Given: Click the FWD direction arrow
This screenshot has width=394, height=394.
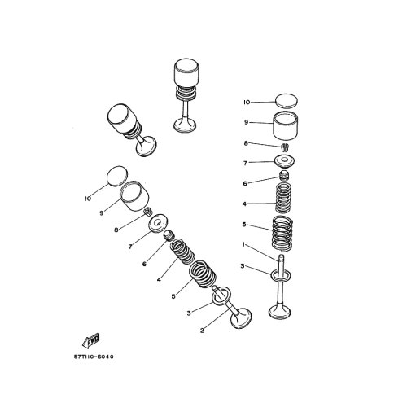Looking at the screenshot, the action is coord(91,340).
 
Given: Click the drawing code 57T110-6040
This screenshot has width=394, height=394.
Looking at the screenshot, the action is coord(94,357).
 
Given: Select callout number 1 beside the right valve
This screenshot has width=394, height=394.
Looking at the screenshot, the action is coord(243,245).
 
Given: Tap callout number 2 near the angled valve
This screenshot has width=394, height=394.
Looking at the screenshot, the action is coord(202,331).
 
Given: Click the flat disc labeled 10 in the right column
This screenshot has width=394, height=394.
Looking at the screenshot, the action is coord(287,101).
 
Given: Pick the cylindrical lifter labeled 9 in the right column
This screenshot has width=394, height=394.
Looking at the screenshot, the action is coord(285,126).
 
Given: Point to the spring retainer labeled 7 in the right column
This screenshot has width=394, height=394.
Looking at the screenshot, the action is coord(284,161).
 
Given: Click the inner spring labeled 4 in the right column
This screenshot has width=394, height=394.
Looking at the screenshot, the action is coord(283,198).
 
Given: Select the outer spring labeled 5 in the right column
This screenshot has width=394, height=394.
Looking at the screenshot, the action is coord(282,233).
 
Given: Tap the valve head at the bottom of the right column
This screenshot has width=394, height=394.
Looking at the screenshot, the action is coord(279,312).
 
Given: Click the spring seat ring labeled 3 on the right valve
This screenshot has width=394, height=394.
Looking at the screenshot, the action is coord(281,275).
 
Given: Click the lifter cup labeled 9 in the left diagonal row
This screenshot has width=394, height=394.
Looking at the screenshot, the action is coord(134,196).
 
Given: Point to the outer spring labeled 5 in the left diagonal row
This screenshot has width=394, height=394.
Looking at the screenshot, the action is coord(203,274).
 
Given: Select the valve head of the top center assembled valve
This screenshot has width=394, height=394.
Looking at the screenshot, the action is coord(185,125).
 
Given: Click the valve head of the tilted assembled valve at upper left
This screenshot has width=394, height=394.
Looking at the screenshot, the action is coord(146,146).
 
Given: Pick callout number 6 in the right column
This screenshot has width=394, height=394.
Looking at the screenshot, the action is coord(245,184).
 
